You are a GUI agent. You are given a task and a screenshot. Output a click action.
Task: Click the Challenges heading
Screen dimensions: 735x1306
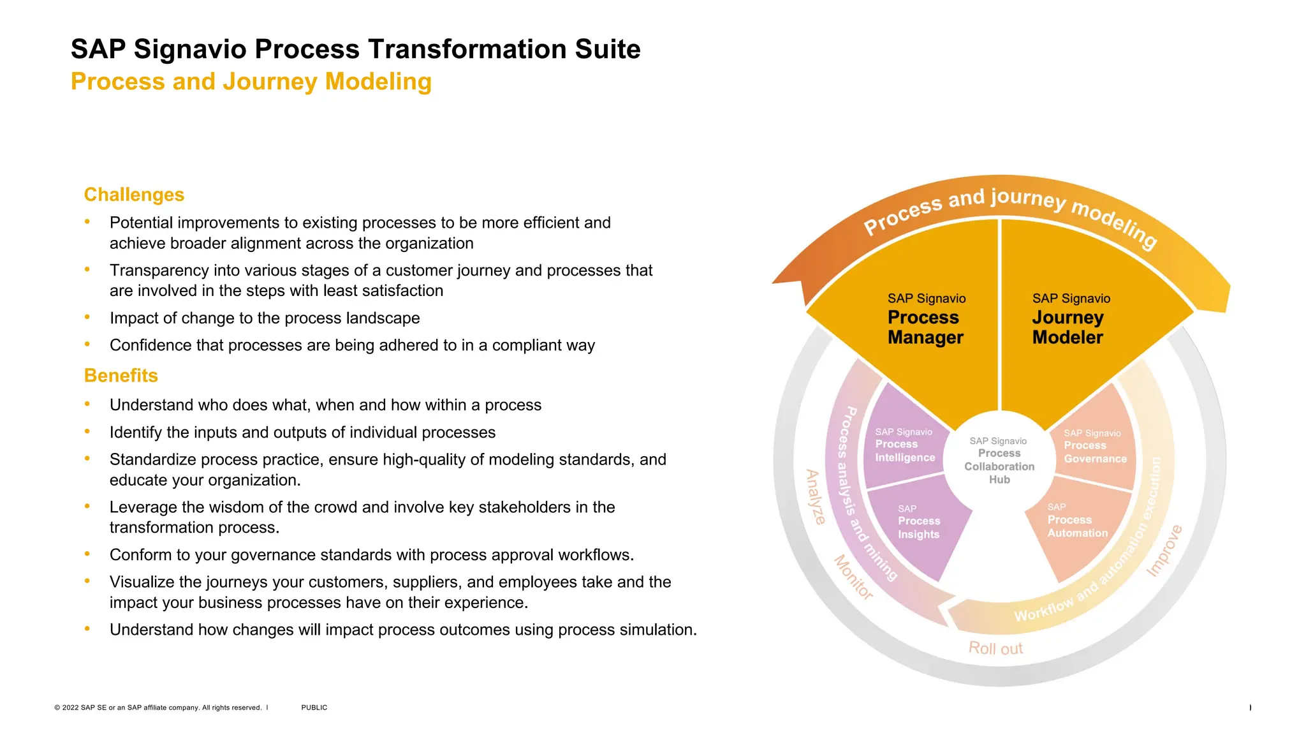click(134, 195)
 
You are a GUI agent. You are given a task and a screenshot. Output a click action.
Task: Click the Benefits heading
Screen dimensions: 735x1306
click(121, 375)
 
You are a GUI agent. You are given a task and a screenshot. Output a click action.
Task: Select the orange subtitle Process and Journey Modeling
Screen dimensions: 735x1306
click(251, 82)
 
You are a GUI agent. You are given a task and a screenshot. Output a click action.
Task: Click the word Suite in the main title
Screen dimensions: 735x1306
click(607, 49)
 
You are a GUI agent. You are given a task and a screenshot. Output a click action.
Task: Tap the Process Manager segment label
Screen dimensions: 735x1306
click(925, 327)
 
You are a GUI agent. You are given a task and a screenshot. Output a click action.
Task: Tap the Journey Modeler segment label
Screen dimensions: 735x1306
click(1068, 327)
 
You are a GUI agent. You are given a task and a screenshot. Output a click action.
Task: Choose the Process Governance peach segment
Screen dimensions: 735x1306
click(1094, 446)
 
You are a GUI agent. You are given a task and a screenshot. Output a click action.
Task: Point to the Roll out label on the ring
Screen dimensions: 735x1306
click(995, 648)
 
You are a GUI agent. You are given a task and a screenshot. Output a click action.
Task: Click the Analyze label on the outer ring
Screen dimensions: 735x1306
click(815, 497)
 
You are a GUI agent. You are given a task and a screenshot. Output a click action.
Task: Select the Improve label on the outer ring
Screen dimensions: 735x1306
click(1164, 551)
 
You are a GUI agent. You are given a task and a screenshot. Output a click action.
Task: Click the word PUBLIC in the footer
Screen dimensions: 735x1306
click(314, 708)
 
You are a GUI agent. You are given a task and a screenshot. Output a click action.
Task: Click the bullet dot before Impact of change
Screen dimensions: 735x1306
click(87, 316)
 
